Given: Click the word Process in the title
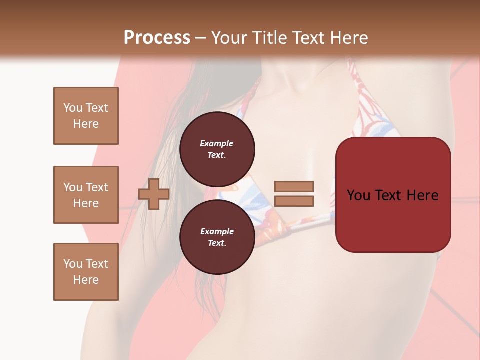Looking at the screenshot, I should click(x=157, y=37).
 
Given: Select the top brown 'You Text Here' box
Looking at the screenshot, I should click(x=86, y=116).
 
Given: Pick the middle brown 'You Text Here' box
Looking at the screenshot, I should click(x=86, y=195).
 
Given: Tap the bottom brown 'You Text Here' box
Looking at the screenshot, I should click(x=86, y=272).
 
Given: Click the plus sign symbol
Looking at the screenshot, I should click(x=154, y=194).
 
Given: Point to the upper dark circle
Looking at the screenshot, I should click(x=217, y=149).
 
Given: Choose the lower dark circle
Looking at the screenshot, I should click(x=217, y=237).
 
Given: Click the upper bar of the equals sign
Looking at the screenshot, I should click(x=294, y=186).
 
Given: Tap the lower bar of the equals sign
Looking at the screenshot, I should click(x=294, y=201).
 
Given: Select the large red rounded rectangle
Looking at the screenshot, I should click(x=393, y=195).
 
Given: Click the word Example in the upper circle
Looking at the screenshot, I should click(x=217, y=143).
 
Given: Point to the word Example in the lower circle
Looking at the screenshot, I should click(x=217, y=231).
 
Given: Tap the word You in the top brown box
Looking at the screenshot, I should click(x=73, y=108).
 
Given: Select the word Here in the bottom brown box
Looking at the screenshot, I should click(x=86, y=280).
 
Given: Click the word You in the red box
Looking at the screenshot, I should click(x=358, y=195).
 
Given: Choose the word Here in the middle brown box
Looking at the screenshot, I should click(x=86, y=203).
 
